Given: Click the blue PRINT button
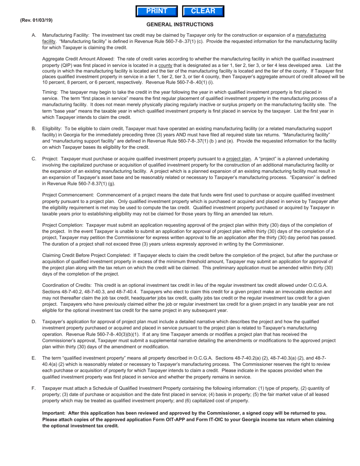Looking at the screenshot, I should [x=157, y=11].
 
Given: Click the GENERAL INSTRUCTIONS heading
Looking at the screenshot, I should [x=180, y=25].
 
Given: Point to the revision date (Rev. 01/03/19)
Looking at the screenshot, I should [x=36, y=20].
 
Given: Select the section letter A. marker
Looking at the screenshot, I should [x=34, y=35].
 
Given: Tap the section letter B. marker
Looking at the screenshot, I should [x=34, y=129].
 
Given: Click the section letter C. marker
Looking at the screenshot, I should [x=34, y=159].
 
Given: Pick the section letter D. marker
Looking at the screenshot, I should [x=34, y=322].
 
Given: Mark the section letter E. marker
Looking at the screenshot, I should [x=34, y=358].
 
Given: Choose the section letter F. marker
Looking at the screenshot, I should [x=34, y=388].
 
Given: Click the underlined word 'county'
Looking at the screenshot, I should [x=165, y=66].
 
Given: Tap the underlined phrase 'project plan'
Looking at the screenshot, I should [x=238, y=159].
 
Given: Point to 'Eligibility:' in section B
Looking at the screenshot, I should [x=53, y=129].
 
